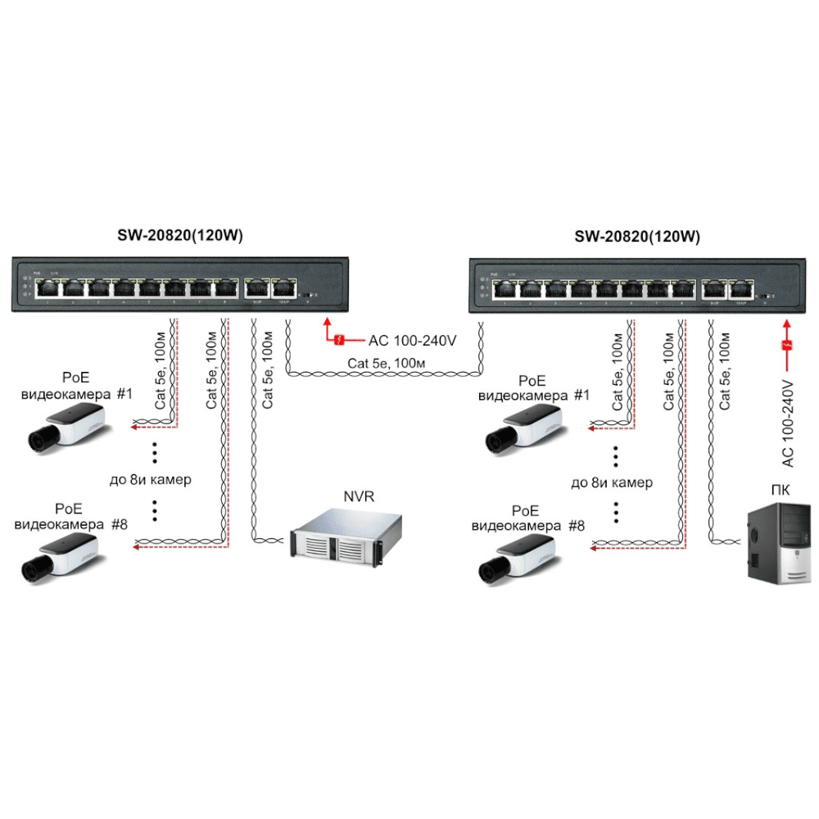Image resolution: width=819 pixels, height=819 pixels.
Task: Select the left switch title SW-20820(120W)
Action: pos(180,237)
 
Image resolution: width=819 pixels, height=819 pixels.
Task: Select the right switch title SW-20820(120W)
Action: pos(637,237)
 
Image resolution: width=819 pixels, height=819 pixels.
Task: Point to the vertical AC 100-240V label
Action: pos(788,423)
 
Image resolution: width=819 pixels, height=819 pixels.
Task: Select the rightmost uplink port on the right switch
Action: pos(743,288)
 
